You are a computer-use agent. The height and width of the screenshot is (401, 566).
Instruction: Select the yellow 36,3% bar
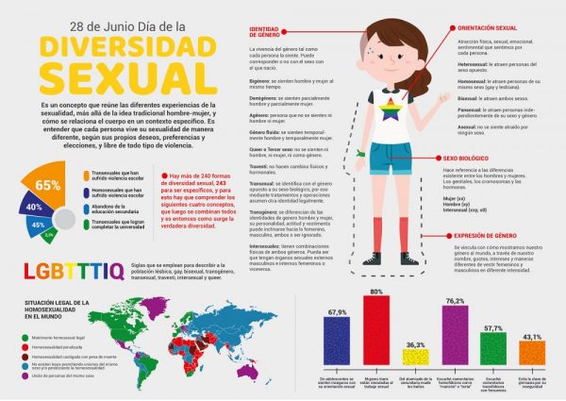coord(415,357)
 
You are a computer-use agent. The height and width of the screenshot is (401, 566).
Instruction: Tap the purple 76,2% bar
coord(456,335)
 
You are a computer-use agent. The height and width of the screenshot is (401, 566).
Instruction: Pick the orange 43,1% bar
coord(531,355)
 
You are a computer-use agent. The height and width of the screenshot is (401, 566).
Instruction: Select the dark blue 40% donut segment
coord(34,206)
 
